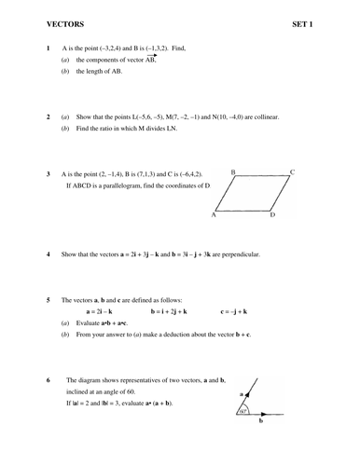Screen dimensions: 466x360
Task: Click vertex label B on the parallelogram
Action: tap(232, 172)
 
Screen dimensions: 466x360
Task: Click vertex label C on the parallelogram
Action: tap(292, 171)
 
